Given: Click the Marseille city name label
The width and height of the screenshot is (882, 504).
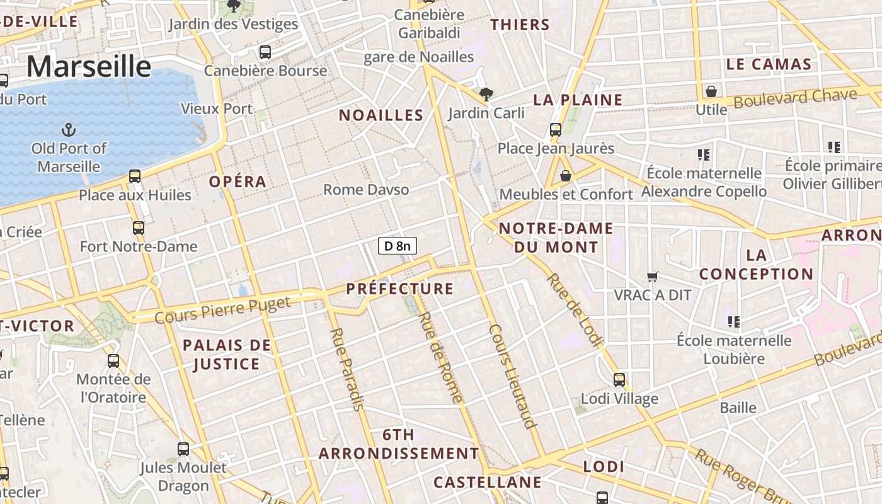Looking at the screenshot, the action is (x=89, y=66).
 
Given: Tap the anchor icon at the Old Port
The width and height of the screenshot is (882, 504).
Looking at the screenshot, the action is (x=68, y=130).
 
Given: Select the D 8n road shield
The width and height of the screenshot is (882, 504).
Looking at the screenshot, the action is (x=398, y=246).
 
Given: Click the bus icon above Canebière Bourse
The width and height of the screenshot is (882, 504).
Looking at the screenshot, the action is (x=265, y=52).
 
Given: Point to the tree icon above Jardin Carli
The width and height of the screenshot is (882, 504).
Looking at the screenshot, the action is (x=486, y=95).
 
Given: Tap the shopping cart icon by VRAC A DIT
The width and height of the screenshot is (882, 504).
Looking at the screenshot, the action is (x=653, y=277).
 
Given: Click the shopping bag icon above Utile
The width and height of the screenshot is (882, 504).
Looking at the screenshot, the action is (x=711, y=92).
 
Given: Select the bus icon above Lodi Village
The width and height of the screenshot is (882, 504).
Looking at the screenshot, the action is (x=619, y=380).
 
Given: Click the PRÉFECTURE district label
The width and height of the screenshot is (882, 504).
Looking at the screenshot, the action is (x=400, y=289).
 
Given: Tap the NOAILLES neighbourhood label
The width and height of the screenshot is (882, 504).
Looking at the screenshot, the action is (x=381, y=115).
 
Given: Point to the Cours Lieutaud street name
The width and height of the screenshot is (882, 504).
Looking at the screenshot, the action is (x=512, y=376).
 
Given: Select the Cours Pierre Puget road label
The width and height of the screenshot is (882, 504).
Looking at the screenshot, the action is (x=222, y=309).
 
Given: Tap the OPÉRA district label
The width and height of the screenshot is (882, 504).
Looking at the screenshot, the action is (x=238, y=182).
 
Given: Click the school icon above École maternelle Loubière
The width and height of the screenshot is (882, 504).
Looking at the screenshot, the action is (x=733, y=322).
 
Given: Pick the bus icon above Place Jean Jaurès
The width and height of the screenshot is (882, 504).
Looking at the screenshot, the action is (x=555, y=130).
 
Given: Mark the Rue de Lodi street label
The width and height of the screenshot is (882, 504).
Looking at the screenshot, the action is (x=574, y=309).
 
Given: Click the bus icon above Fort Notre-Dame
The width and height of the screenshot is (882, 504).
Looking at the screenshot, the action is (x=139, y=228).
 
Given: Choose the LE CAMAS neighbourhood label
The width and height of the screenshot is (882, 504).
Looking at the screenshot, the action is (x=769, y=64).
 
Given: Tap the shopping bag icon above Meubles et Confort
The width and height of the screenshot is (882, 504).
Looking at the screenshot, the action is (x=565, y=176).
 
